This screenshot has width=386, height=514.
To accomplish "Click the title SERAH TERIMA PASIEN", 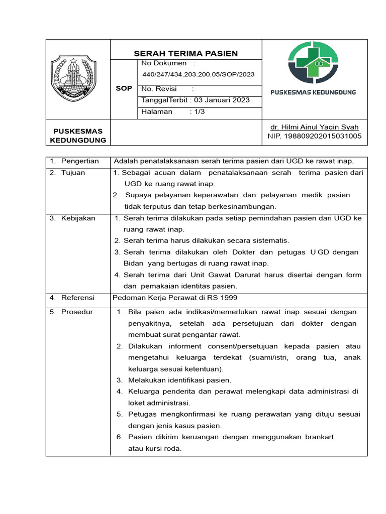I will [185, 53].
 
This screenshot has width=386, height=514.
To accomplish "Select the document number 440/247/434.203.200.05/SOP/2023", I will [199, 74].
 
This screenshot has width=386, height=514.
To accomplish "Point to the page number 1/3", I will [197, 111].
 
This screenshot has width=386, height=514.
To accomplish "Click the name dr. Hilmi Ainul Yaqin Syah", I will [314, 127].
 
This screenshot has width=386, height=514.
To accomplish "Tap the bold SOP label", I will [124, 88].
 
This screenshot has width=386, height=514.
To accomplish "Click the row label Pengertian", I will [79, 161].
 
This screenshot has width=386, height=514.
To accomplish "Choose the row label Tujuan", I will [73, 173].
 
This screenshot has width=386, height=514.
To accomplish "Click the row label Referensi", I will [78, 298].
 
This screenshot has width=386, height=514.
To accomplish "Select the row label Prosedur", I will [77, 312].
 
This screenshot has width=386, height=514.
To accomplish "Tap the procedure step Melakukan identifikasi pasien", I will [179, 380].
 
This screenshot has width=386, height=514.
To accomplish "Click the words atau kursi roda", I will [154, 448].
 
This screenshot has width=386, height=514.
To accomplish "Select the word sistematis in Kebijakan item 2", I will [271, 240].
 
